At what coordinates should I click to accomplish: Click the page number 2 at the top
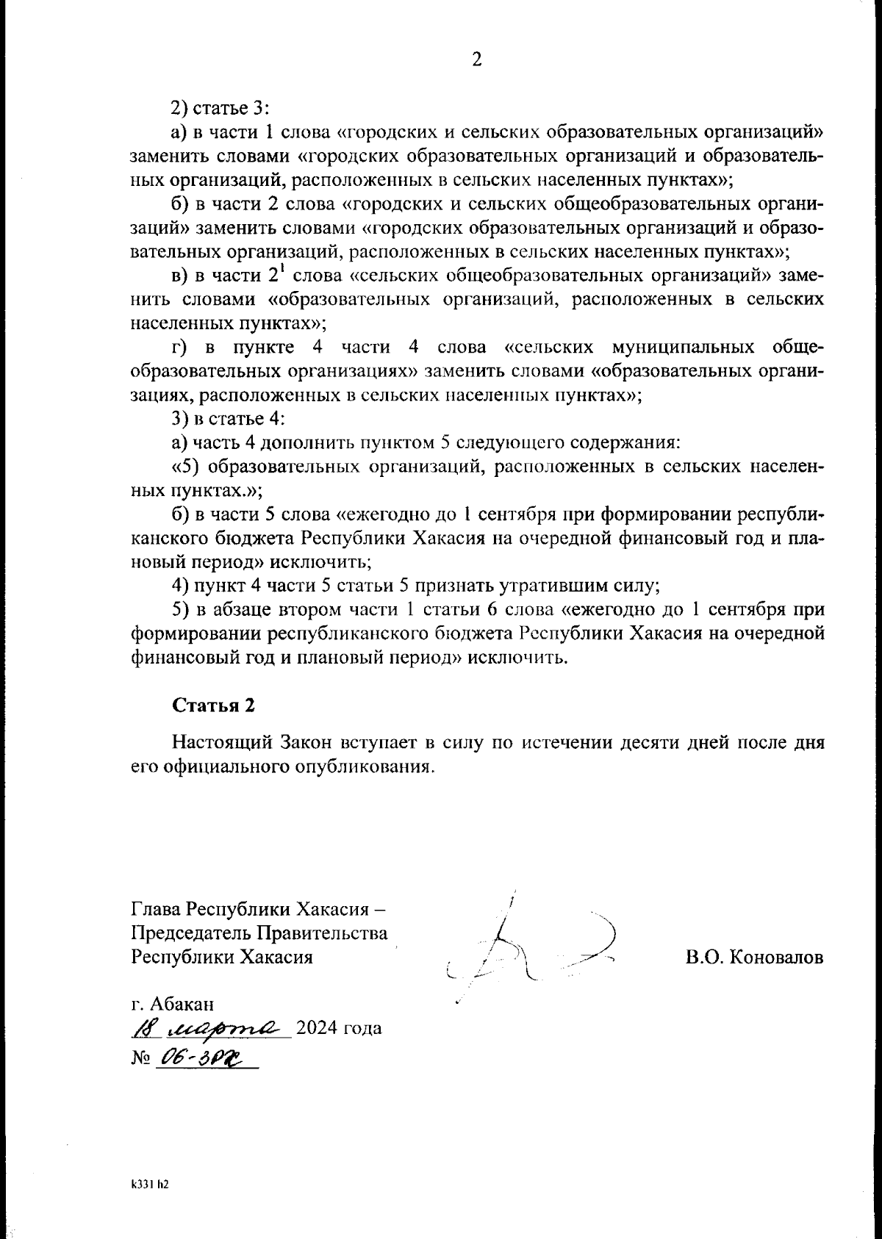(x=476, y=60)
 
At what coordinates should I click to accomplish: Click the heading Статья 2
(x=213, y=705)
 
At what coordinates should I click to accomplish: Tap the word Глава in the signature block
(x=156, y=910)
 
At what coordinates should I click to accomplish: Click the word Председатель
(x=190, y=933)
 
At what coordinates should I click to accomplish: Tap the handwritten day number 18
(x=142, y=1027)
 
